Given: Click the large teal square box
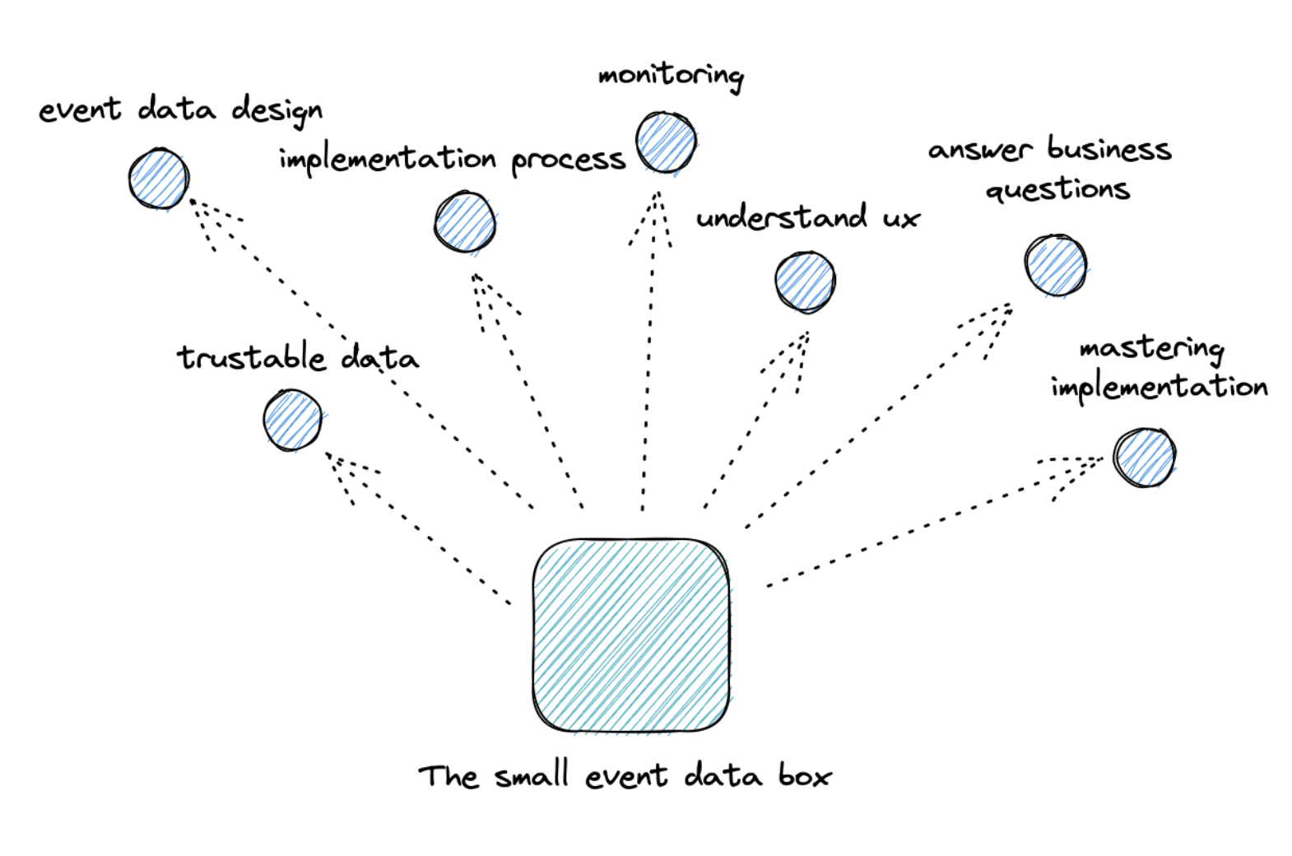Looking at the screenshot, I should [630, 635].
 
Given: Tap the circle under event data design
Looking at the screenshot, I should [159, 179].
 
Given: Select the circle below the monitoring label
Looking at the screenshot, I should [666, 142].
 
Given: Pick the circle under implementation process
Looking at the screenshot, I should [465, 222].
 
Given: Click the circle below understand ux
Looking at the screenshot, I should [805, 281].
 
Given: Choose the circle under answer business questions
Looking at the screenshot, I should [1056, 265].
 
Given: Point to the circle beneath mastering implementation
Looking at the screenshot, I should [1145, 458].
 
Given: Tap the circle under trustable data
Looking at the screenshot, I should [292, 421].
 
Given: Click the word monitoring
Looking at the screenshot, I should [671, 77].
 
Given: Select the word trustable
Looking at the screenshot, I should [252, 357].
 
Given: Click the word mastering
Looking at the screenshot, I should [1151, 349].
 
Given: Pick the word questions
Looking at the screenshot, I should [1057, 190].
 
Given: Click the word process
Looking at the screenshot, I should [568, 160].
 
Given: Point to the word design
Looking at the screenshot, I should [277, 111].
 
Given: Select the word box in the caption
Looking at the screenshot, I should [805, 775].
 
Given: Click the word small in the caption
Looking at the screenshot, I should [532, 775].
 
